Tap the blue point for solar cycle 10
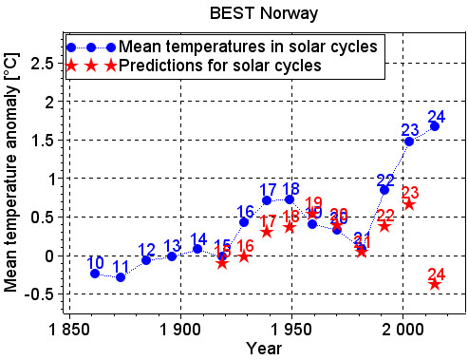click(x=95, y=274)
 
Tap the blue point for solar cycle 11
click(x=121, y=277)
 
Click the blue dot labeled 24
click(x=435, y=126)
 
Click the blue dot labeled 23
click(x=409, y=142)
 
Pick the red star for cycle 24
click(x=435, y=283)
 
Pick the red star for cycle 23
click(x=409, y=204)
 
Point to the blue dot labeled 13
click(x=172, y=256)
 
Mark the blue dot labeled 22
click(x=384, y=190)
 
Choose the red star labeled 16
click(x=244, y=256)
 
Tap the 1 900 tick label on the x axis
click(x=179, y=329)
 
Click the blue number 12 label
click(x=146, y=250)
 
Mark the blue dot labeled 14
click(x=197, y=249)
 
